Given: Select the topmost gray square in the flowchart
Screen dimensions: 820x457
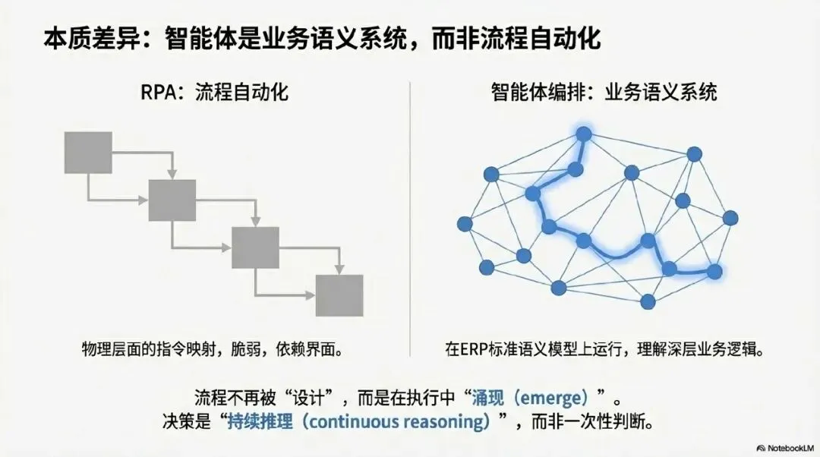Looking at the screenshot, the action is coord(89,152).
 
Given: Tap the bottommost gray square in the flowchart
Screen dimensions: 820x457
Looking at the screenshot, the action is coord(339,295).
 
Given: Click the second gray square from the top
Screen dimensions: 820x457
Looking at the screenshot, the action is coord(172,200).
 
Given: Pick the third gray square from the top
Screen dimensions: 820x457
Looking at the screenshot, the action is coord(255,247).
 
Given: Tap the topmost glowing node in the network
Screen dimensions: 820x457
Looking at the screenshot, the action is coord(583,134).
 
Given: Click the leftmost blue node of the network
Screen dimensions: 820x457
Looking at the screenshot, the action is coord(465,224).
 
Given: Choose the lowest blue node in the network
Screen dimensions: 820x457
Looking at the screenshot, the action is coord(648,301).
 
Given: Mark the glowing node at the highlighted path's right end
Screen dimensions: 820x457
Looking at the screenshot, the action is coord(714,271).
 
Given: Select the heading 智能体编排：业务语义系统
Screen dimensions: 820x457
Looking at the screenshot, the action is coord(604,94).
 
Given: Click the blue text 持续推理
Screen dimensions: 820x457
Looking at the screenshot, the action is coord(260,421).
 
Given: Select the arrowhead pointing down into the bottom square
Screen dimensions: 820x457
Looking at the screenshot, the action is coord(339,269).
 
